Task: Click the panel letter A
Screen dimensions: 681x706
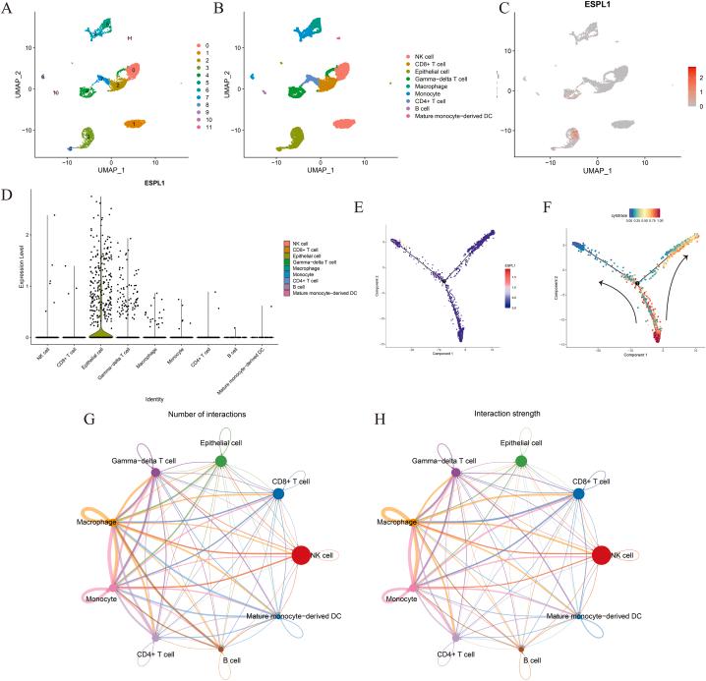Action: [x=6, y=9]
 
